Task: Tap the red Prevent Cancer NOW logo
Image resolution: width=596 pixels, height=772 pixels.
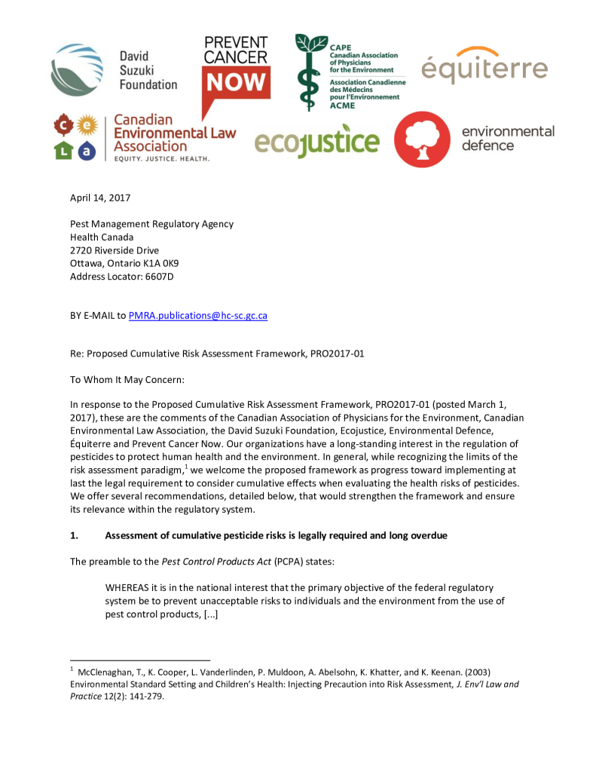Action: (235, 72)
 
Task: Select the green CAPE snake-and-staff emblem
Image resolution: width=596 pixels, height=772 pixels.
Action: (310, 72)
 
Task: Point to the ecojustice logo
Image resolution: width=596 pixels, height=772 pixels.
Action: (316, 141)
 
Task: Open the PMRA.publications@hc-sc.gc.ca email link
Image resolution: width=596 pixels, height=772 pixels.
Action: (198, 315)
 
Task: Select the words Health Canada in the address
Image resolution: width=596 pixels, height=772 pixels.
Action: (101, 237)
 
